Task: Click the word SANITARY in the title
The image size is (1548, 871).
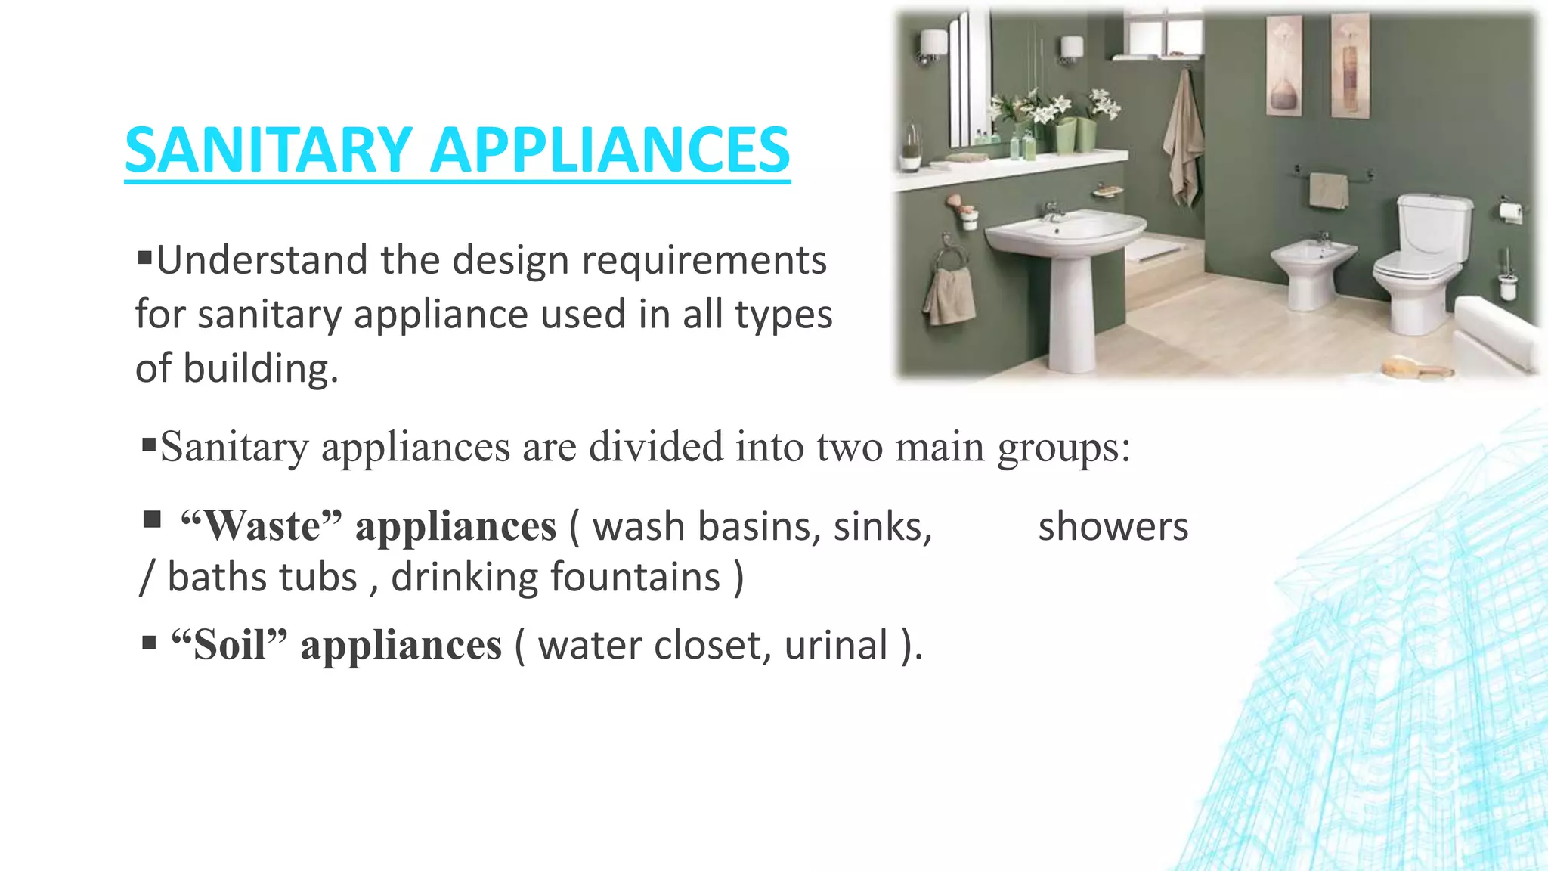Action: [268, 150]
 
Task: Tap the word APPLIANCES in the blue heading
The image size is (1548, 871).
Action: [610, 150]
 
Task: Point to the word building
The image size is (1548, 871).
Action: [260, 369]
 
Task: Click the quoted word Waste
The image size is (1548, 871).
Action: [262, 525]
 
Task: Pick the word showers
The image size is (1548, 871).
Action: [1113, 526]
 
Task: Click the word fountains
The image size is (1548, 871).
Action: [635, 578]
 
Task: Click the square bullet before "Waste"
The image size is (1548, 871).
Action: [152, 519]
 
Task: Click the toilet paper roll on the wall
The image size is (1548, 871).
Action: [1511, 212]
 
